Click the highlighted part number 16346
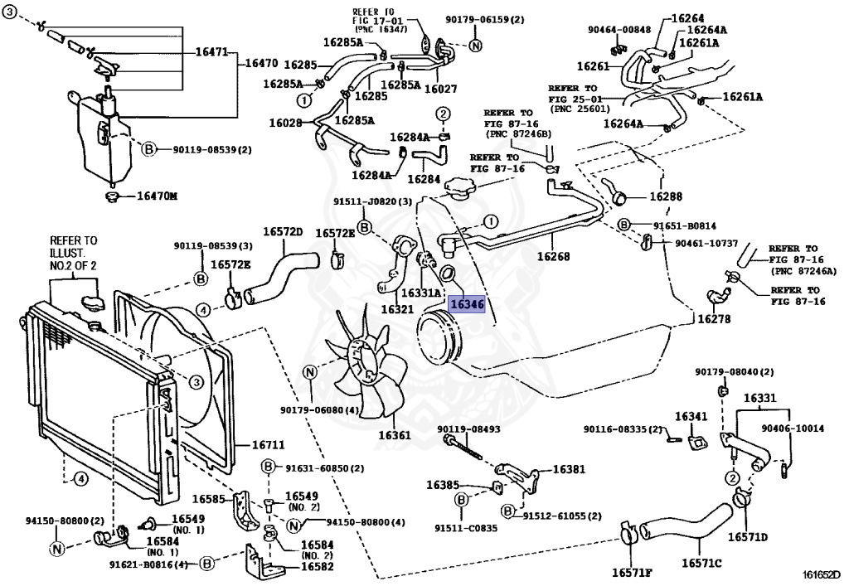click(467, 304)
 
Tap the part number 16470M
click(157, 196)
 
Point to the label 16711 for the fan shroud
click(268, 445)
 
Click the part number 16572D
click(283, 231)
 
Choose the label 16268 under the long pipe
click(553, 255)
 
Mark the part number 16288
click(666, 196)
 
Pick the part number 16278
click(714, 319)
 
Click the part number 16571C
click(701, 564)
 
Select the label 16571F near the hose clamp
click(632, 573)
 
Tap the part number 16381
click(569, 468)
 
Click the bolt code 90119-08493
click(468, 429)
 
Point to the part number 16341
click(691, 416)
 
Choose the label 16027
click(441, 89)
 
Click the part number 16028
click(285, 123)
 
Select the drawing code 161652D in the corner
click(821, 574)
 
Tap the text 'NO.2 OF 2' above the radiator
click(73, 266)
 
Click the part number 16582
click(317, 566)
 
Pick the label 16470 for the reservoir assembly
click(261, 63)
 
